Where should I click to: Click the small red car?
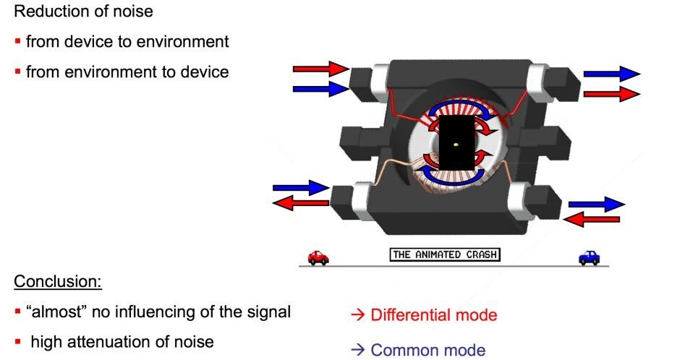(318, 257)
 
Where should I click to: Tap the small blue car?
(589, 257)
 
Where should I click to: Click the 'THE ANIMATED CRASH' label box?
(445, 255)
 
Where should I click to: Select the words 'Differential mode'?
(434, 315)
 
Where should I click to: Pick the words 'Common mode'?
(427, 350)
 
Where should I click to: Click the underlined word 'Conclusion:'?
(58, 281)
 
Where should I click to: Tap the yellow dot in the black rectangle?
(456, 144)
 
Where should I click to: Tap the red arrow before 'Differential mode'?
(358, 315)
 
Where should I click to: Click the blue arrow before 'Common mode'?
(358, 350)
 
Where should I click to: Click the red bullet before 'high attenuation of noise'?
(17, 342)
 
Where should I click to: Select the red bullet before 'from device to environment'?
(17, 41)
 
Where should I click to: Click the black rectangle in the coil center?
(456, 143)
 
